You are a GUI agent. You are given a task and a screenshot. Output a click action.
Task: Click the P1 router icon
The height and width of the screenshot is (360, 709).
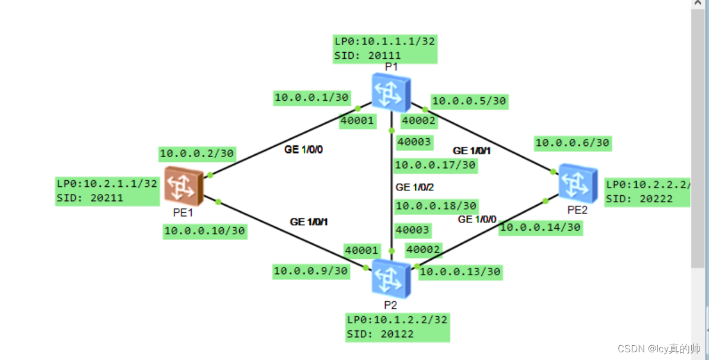coord(391,92)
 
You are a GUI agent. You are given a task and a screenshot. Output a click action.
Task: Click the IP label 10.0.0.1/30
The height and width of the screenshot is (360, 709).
coord(311,98)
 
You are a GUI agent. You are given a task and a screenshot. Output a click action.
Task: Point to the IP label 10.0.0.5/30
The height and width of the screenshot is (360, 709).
coord(469,101)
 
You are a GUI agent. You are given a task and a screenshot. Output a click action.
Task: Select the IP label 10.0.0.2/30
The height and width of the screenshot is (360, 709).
coord(197,154)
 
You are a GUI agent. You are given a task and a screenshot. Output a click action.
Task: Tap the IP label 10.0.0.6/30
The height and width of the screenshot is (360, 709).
coord(572,142)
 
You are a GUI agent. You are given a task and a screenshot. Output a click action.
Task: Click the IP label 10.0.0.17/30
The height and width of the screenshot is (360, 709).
coord(435,165)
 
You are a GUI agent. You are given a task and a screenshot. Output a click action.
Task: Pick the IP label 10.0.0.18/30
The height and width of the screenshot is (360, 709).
coord(435,206)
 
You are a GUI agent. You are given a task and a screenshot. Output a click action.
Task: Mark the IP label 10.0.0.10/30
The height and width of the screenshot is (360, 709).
coord(205,231)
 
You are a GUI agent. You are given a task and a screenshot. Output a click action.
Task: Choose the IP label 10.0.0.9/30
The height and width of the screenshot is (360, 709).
coord(310,271)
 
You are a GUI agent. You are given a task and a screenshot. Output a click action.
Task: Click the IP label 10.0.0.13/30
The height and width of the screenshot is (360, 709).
coord(460,272)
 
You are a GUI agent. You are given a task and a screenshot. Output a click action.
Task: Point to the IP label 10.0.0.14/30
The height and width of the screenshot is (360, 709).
coord(540,227)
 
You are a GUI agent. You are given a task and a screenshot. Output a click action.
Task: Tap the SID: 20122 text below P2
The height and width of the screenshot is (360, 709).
coord(380,334)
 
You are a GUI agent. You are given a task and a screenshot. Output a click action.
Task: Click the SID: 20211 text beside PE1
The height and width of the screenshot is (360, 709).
coord(90,198)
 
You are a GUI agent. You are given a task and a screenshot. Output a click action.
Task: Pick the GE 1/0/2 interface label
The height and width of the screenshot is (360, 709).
coord(415,187)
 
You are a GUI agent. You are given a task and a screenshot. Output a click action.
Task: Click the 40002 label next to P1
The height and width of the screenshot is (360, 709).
coord(418,121)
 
